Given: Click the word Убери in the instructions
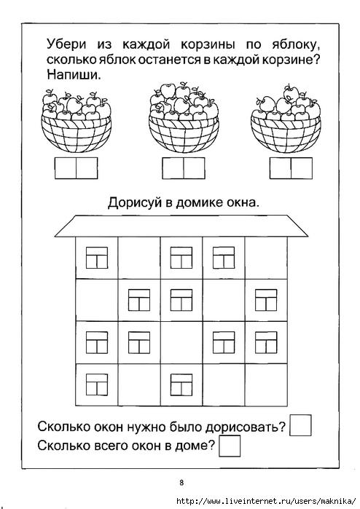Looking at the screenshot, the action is pos(66,45).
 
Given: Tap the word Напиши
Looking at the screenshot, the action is pos(74,75).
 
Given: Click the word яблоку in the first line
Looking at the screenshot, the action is pos(294,45).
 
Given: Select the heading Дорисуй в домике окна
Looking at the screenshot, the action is pos(184,203).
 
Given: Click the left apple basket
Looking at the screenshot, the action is pos(77,121).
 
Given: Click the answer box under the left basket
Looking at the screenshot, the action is pos(76,168).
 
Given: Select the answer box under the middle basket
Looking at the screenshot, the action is pos(184,168).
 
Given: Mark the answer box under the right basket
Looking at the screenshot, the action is pos(291,168).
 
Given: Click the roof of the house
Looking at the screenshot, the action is pos(181,226).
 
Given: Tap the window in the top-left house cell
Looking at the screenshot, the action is pos(97,258).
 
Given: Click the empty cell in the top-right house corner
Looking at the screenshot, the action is pos(266,258).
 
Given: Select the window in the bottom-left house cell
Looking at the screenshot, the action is pos(97,384).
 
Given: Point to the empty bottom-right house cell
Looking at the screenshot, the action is pos(266,384).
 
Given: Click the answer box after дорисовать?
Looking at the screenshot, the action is pos(300,425).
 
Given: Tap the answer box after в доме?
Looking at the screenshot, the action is pos(230,446).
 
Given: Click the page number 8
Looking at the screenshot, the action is pos(181,482).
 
